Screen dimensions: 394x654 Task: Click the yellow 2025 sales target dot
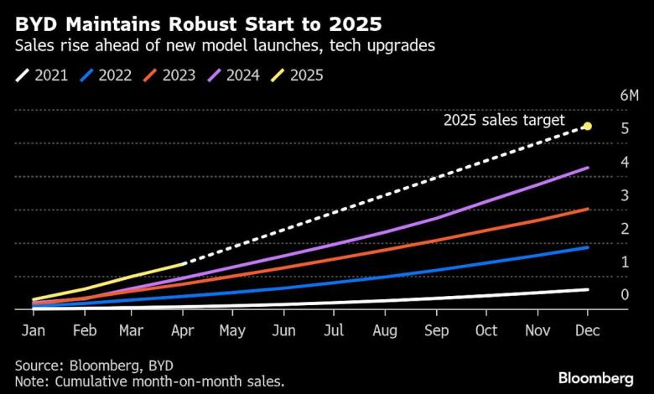click(587, 127)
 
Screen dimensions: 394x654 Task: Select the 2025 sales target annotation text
click(504, 121)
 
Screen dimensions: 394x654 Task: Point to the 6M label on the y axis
click(630, 96)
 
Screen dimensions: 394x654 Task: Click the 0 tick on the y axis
click(624, 295)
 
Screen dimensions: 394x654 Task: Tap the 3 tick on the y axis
click(624, 195)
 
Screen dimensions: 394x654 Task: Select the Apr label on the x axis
click(184, 330)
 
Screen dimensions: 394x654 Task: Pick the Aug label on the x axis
click(385, 330)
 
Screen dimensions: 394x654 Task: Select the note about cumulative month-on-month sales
click(149, 382)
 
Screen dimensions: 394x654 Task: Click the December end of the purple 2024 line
click(587, 168)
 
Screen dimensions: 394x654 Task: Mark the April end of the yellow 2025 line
click(184, 264)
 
